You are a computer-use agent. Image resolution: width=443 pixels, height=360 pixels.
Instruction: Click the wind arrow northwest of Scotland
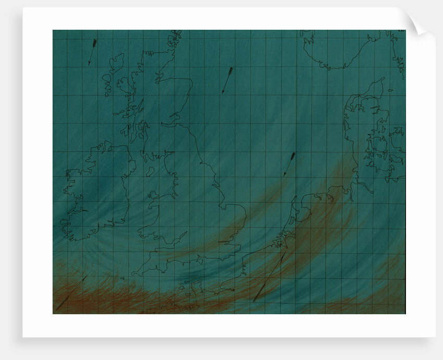pos(92,52)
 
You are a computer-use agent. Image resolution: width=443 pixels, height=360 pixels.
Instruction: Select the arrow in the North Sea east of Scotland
pos(227,80)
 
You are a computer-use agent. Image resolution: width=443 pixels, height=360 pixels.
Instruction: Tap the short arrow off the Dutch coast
pos(289,164)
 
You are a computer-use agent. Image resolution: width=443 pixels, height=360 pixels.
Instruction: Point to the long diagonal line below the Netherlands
pos(269,277)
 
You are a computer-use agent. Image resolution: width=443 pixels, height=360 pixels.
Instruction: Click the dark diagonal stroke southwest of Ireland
pos(71,294)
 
